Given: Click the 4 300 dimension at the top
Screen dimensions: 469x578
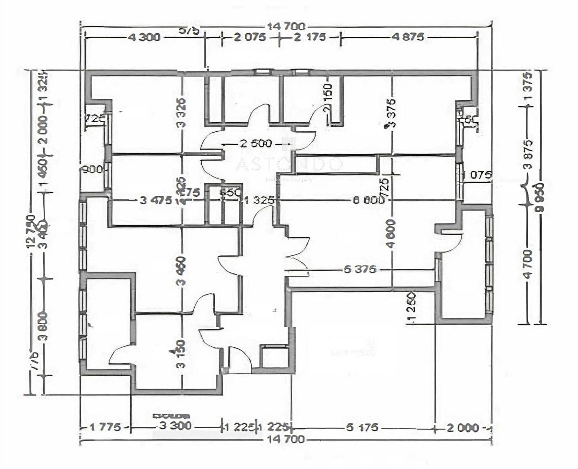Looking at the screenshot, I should click(x=144, y=37).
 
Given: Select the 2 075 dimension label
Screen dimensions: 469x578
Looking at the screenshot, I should click(x=250, y=37).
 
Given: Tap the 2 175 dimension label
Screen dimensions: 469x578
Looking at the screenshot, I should click(x=310, y=37).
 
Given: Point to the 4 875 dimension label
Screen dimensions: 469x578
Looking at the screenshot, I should click(x=408, y=37).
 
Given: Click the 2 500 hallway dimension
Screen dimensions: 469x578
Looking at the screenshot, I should click(x=256, y=144).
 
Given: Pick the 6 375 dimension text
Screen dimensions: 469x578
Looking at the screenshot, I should click(x=360, y=269).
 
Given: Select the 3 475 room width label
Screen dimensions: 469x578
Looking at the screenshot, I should click(x=156, y=200).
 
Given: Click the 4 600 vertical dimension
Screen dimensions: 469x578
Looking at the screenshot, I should click(x=391, y=234).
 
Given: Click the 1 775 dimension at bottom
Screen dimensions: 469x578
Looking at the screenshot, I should click(x=105, y=427).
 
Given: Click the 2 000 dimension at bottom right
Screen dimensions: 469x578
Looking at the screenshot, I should click(x=463, y=428).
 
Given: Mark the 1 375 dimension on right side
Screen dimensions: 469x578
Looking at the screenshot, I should click(x=528, y=87).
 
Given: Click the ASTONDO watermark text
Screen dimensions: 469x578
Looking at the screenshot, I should click(x=289, y=165).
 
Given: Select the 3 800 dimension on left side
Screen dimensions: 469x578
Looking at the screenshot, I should click(x=44, y=326).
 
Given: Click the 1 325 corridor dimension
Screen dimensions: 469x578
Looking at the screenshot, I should click(x=259, y=200).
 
